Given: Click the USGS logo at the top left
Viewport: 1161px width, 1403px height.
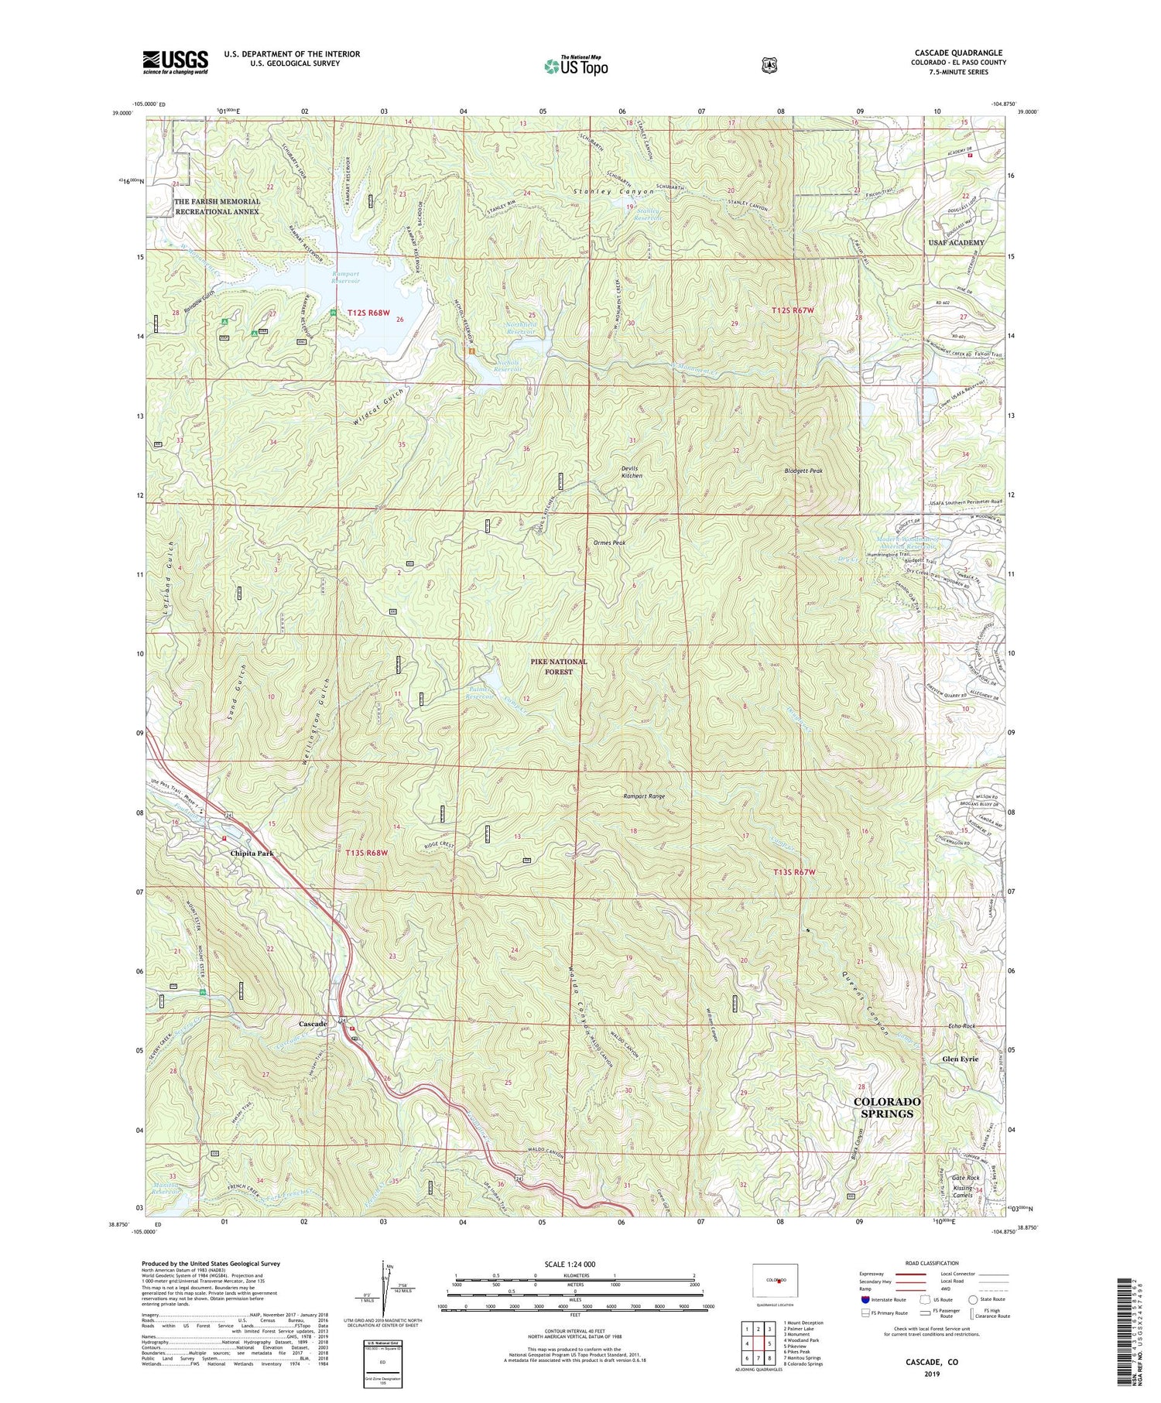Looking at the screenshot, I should click(175, 62).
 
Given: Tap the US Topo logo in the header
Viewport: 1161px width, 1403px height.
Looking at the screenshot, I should click(576, 66).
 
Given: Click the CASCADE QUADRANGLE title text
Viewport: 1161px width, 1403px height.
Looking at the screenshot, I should click(958, 53).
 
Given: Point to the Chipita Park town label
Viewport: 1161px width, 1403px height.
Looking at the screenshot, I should click(252, 853).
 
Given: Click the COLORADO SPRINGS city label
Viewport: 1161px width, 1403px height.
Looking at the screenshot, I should click(887, 1107).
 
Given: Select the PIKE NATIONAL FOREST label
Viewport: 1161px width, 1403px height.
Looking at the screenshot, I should click(558, 666).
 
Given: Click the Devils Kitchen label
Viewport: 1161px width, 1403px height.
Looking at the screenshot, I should click(632, 472).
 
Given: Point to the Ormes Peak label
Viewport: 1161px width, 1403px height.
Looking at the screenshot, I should click(610, 542).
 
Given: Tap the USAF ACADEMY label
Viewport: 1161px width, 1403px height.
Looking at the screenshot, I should click(956, 243).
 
